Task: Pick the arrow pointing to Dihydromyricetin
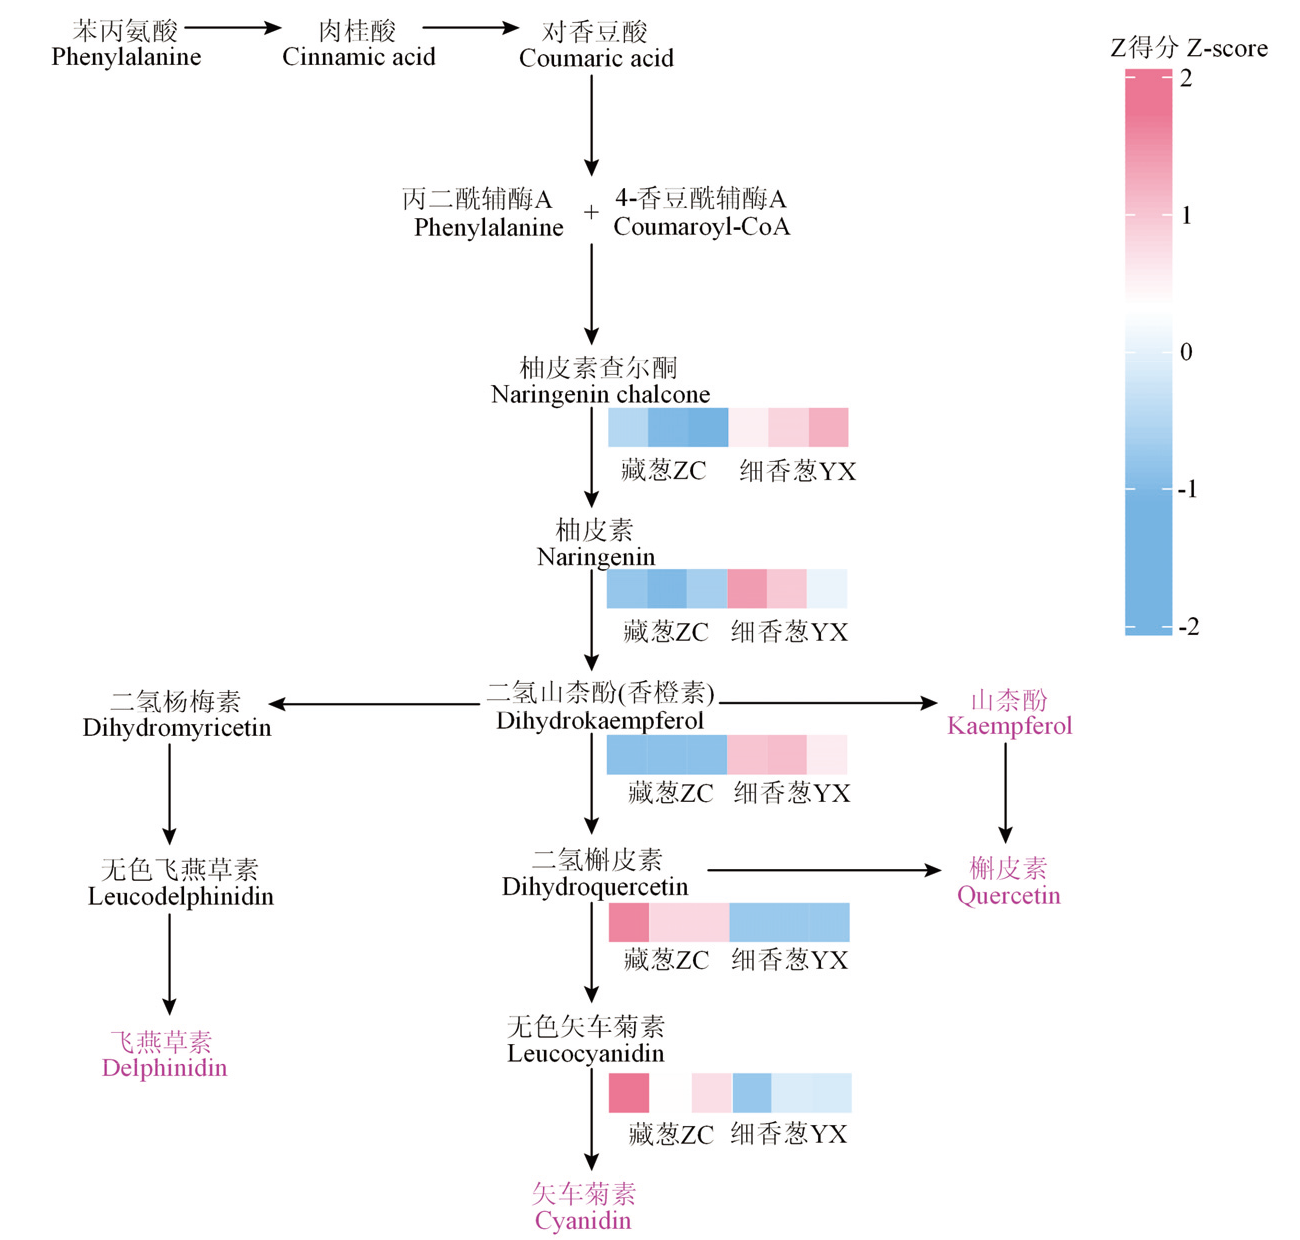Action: tap(375, 704)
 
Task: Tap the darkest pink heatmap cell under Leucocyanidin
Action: tap(629, 1093)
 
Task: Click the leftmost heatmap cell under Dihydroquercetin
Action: tap(629, 922)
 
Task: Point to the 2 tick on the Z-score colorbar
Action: tap(1186, 78)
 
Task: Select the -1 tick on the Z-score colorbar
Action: tap(1186, 489)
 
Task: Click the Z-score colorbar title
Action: tap(1189, 48)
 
